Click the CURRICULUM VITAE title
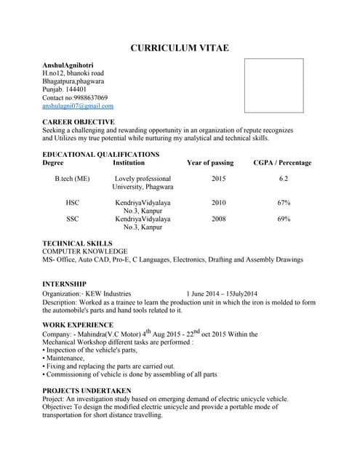pos(180,48)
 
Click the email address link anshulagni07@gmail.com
pos(78,106)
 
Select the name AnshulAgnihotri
pos(72,65)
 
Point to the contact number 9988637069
pos(86,97)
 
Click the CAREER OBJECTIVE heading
pos(79,122)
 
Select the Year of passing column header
pos(210,163)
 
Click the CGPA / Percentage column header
pos(282,163)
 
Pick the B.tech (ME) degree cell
pos(73,179)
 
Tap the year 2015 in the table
pos(219,179)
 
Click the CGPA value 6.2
pos(284,179)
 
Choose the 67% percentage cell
pos(284,203)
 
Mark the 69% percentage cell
pos(284,219)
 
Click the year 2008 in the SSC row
pos(219,219)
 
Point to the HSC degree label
pos(73,203)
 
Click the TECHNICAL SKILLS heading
pos(77,243)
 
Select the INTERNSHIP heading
pos(65,283)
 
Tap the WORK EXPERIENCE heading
pos(78,325)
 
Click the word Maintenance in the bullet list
pos(65,358)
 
